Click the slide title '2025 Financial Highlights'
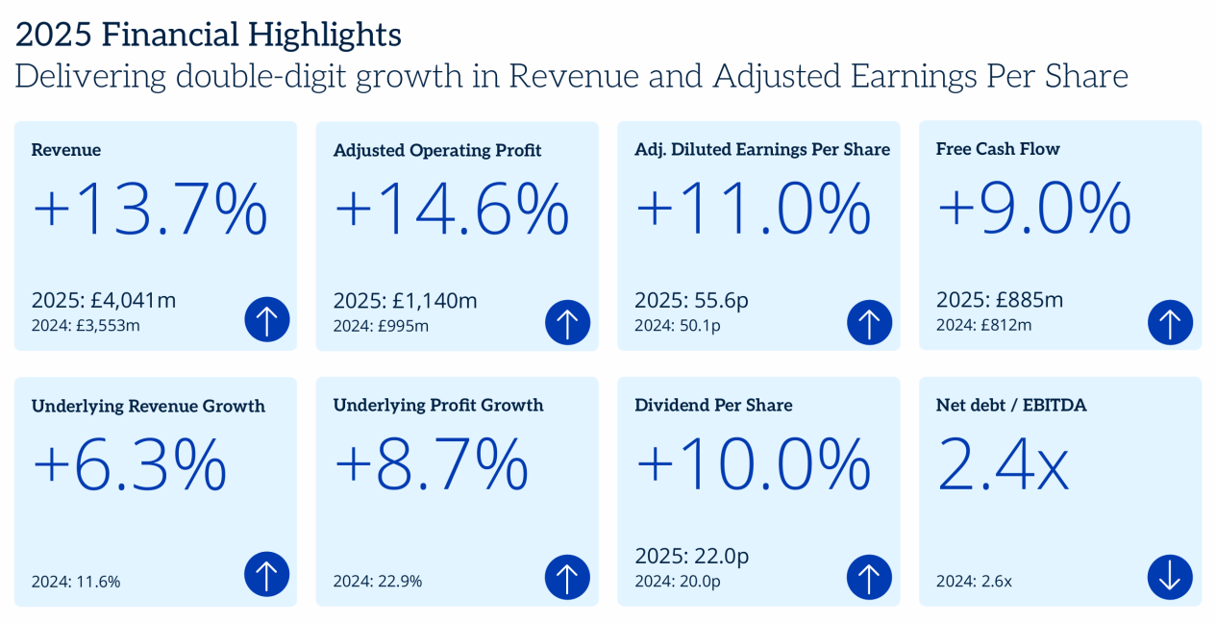[x=209, y=36]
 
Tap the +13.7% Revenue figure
[x=150, y=210]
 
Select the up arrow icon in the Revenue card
[x=266, y=320]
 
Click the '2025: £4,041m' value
[x=104, y=300]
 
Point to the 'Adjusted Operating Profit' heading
[x=437, y=150]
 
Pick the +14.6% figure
[x=452, y=210]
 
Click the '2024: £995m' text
[x=381, y=325]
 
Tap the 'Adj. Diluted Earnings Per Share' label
[x=762, y=149]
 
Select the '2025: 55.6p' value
[x=691, y=300]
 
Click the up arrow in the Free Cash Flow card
[x=1170, y=321]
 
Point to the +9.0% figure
[x=1033, y=208]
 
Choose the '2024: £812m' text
[x=983, y=325]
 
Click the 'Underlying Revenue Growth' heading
[x=148, y=406]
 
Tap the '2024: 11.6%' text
[x=76, y=581]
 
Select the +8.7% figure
[x=431, y=465]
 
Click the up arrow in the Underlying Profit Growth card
[x=567, y=578]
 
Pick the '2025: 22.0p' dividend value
[x=692, y=556]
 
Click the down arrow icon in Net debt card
[x=1170, y=578]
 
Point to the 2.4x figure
[x=1003, y=465]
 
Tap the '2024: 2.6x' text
[x=974, y=581]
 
